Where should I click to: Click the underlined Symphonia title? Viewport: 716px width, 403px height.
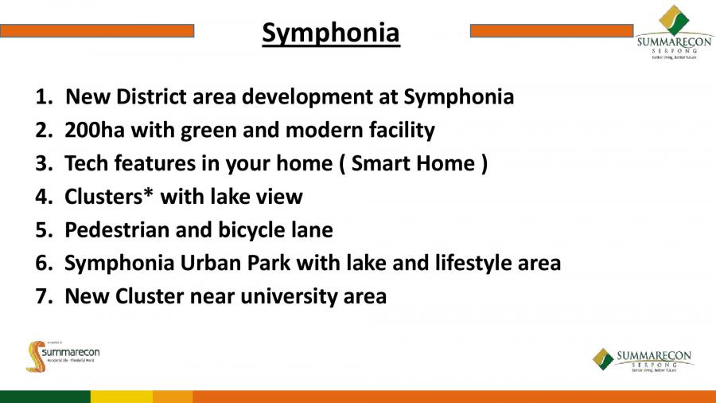point(331,33)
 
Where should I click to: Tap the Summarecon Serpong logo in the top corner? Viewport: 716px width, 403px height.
point(675,33)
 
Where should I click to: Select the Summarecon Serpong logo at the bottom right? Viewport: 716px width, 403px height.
point(643,359)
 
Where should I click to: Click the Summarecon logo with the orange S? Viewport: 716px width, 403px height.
point(63,356)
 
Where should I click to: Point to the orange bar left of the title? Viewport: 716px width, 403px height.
point(97,31)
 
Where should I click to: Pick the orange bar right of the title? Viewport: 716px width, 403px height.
point(551,31)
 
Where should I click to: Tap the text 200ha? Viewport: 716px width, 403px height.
point(95,131)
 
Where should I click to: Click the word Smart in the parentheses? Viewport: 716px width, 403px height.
point(380,163)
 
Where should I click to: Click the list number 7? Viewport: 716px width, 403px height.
point(44,296)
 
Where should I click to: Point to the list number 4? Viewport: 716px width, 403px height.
point(44,197)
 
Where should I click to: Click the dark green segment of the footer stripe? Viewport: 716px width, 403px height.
point(45,397)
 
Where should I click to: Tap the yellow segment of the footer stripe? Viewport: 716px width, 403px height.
point(122,397)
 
